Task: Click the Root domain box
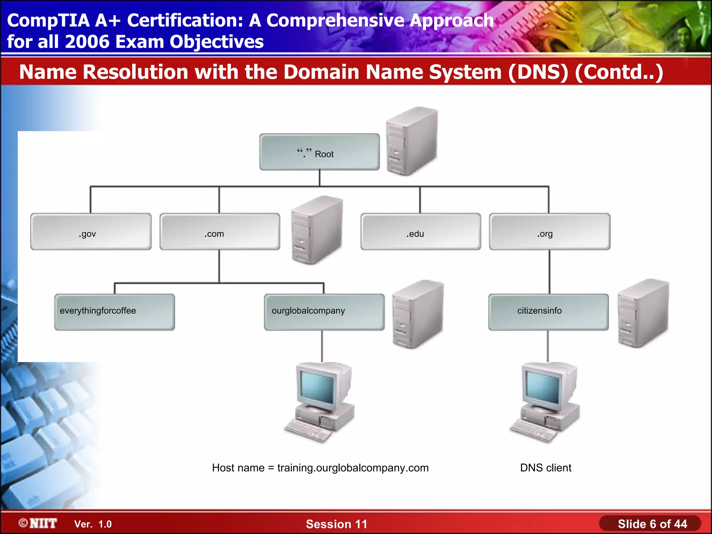pos(319,152)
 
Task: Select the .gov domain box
pos(91,232)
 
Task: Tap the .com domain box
pos(220,232)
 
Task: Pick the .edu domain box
pos(421,232)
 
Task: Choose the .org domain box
pos(549,232)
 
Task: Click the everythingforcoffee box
pos(114,312)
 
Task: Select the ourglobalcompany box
pos(324,312)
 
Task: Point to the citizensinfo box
pos(548,312)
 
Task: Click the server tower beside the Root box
pos(412,141)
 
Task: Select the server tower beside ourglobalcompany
pos(418,314)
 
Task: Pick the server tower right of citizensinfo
pos(643,313)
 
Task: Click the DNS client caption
pos(545,468)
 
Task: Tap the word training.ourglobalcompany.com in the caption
pos(353,468)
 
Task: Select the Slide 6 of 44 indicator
pos(652,524)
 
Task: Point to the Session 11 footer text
pos(336,524)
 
